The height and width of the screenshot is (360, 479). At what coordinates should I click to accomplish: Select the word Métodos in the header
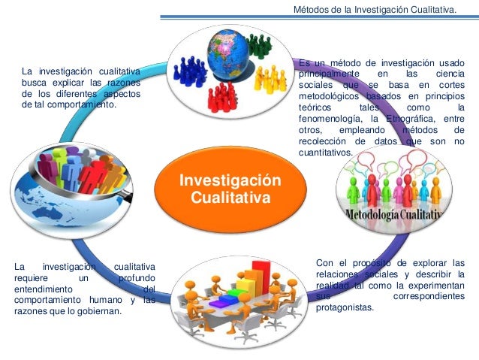pyautogui.click(x=310, y=10)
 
